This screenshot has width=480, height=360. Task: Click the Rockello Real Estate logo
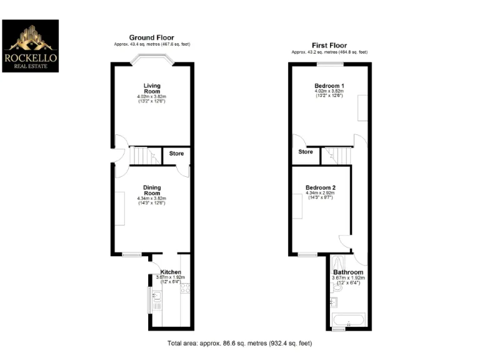click(31, 46)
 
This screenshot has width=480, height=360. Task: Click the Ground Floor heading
click(152, 37)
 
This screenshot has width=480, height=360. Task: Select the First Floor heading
click(329, 45)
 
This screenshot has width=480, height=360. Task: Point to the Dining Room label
click(152, 189)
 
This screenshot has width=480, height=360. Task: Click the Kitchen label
click(171, 272)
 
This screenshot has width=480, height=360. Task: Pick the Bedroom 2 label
click(321, 187)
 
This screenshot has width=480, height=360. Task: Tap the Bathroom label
click(347, 272)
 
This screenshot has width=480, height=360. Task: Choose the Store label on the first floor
click(305, 152)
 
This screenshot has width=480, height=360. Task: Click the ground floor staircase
click(142, 155)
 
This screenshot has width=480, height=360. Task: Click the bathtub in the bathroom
click(347, 322)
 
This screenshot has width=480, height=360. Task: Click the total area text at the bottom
click(240, 343)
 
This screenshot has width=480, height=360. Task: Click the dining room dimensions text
click(152, 201)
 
